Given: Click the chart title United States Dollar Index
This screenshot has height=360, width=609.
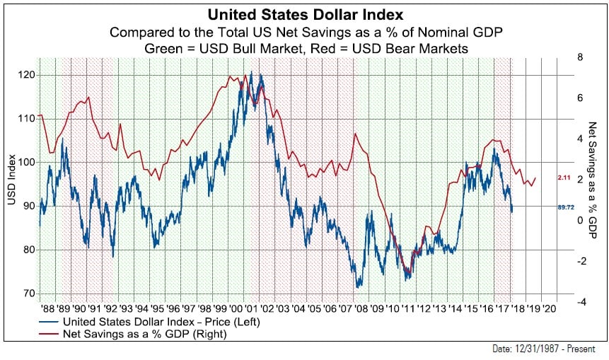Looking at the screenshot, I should pyautogui.click(x=304, y=15).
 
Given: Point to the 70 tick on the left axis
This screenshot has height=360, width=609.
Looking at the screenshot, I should pyautogui.click(x=29, y=293).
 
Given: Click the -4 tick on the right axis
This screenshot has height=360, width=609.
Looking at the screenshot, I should pyautogui.click(x=581, y=302).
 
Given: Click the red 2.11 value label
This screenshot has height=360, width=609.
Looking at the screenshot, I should pyautogui.click(x=564, y=177).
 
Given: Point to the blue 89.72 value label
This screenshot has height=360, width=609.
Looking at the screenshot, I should pyautogui.click(x=565, y=207).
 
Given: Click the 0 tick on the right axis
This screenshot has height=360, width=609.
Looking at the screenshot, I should pyautogui.click(x=579, y=220).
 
